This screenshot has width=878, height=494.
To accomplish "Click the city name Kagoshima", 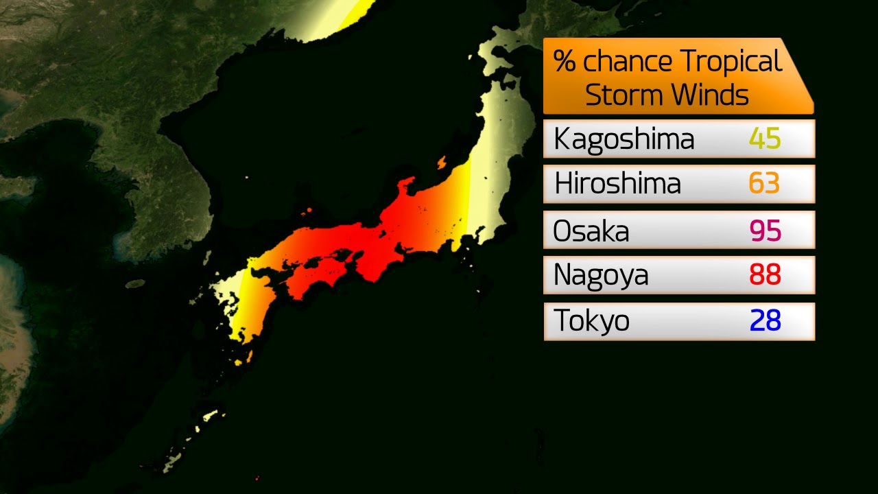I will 624,139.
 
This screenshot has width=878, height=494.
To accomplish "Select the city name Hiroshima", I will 617,184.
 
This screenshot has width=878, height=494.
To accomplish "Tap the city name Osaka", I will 591,231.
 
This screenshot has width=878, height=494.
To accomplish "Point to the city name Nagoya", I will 601,275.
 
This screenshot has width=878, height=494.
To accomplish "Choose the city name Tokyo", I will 591,320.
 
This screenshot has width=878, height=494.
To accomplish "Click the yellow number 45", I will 765,139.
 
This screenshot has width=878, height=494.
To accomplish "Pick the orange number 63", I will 764,184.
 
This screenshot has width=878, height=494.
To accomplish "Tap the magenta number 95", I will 765,231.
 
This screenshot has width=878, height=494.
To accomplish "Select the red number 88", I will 765,275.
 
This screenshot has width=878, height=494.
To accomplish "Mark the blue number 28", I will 765,320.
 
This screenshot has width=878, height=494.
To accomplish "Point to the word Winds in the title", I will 710,94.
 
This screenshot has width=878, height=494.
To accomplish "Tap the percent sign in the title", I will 565,61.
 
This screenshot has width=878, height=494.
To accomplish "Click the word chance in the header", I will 626,62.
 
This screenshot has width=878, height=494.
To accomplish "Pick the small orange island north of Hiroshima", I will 309,211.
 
